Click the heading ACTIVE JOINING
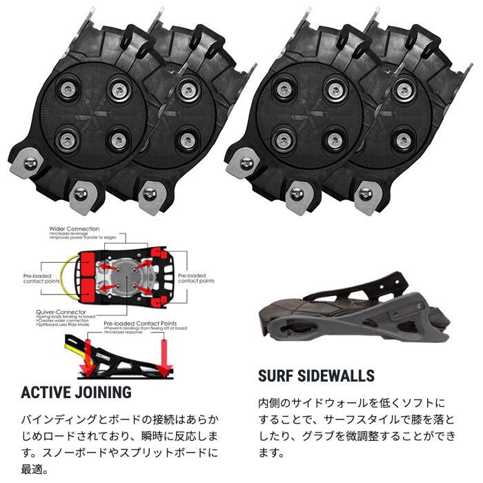click(x=76, y=393)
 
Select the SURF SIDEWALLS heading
click(x=316, y=376)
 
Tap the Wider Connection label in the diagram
click(x=74, y=228)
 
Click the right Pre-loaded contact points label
click(x=196, y=277)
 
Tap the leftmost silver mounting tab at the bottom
click(x=30, y=162)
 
